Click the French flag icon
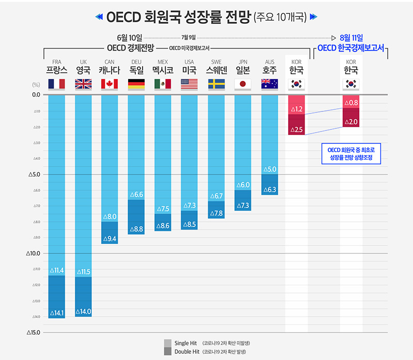56,84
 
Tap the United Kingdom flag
83,84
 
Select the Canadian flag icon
109,84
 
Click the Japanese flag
243,84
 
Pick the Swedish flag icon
216,84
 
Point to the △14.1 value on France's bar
56,313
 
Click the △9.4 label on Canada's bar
109,239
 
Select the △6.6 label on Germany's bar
136,194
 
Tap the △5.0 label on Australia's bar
269,169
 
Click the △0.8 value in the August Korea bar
351,103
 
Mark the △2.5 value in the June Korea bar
296,129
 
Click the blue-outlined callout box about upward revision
351,154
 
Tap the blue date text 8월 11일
351,38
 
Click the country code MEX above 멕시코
163,62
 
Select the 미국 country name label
189,70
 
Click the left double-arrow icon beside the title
100,17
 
